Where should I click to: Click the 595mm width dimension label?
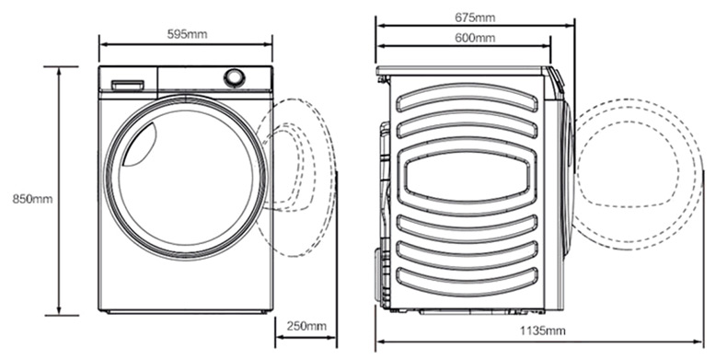click(187, 34)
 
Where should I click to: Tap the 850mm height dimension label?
click(32, 199)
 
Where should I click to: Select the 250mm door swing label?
click(306, 326)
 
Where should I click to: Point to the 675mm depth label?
click(475, 17)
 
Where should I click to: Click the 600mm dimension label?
click(475, 38)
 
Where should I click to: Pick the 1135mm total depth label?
click(542, 331)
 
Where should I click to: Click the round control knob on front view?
click(235, 78)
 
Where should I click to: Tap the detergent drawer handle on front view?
click(127, 85)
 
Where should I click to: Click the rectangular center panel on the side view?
click(467, 176)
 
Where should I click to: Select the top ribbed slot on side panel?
click(467, 98)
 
